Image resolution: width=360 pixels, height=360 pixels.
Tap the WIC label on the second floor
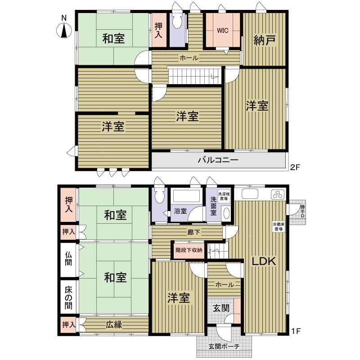(x=223, y=31)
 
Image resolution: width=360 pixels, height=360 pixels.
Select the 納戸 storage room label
(x=265, y=40)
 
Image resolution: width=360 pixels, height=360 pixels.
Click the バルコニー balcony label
(x=218, y=160)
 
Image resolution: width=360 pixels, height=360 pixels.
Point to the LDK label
(x=264, y=261)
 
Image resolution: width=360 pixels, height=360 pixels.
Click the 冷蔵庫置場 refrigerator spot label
(x=279, y=227)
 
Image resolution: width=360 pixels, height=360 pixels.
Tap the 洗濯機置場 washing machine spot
(x=224, y=196)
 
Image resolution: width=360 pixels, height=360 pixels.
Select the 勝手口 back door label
(x=302, y=211)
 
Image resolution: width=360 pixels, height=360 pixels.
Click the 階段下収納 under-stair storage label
(x=189, y=250)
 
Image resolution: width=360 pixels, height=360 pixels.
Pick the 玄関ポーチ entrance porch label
(x=224, y=346)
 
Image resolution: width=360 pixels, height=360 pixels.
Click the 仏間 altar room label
(x=68, y=258)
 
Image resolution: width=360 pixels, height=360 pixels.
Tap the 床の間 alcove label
(x=68, y=298)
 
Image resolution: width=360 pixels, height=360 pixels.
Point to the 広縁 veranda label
(x=114, y=324)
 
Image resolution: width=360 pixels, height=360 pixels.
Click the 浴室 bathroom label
(x=180, y=211)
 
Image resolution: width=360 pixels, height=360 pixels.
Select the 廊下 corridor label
(x=193, y=232)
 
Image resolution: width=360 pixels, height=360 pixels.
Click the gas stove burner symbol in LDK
(x=278, y=195)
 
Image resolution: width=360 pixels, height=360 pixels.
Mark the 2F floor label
(x=295, y=167)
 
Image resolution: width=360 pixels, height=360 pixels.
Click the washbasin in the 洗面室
(x=227, y=213)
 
